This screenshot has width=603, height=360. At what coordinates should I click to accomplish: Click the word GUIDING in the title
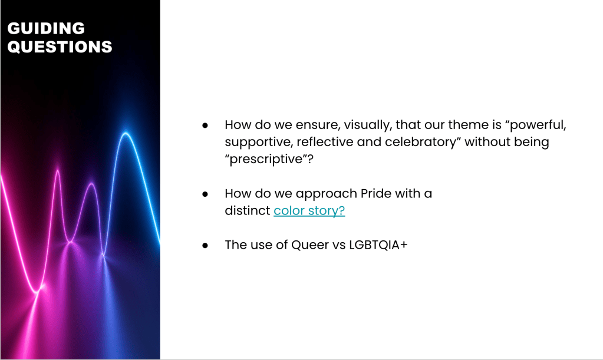(x=46, y=28)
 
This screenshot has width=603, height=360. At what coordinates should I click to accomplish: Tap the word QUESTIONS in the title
(x=60, y=47)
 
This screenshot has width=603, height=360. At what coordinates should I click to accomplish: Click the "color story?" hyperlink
(x=309, y=210)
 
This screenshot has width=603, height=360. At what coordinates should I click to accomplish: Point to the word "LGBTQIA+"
(x=378, y=245)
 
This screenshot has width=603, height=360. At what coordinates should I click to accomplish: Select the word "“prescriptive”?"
(x=269, y=159)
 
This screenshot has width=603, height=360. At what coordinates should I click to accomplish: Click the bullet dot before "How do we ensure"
(x=205, y=125)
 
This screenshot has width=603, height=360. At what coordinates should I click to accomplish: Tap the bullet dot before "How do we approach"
(x=205, y=194)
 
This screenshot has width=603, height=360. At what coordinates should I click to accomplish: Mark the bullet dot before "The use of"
(x=205, y=246)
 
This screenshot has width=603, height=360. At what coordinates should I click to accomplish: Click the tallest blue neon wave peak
(x=126, y=133)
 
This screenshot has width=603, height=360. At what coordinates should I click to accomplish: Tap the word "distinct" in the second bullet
(x=248, y=210)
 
